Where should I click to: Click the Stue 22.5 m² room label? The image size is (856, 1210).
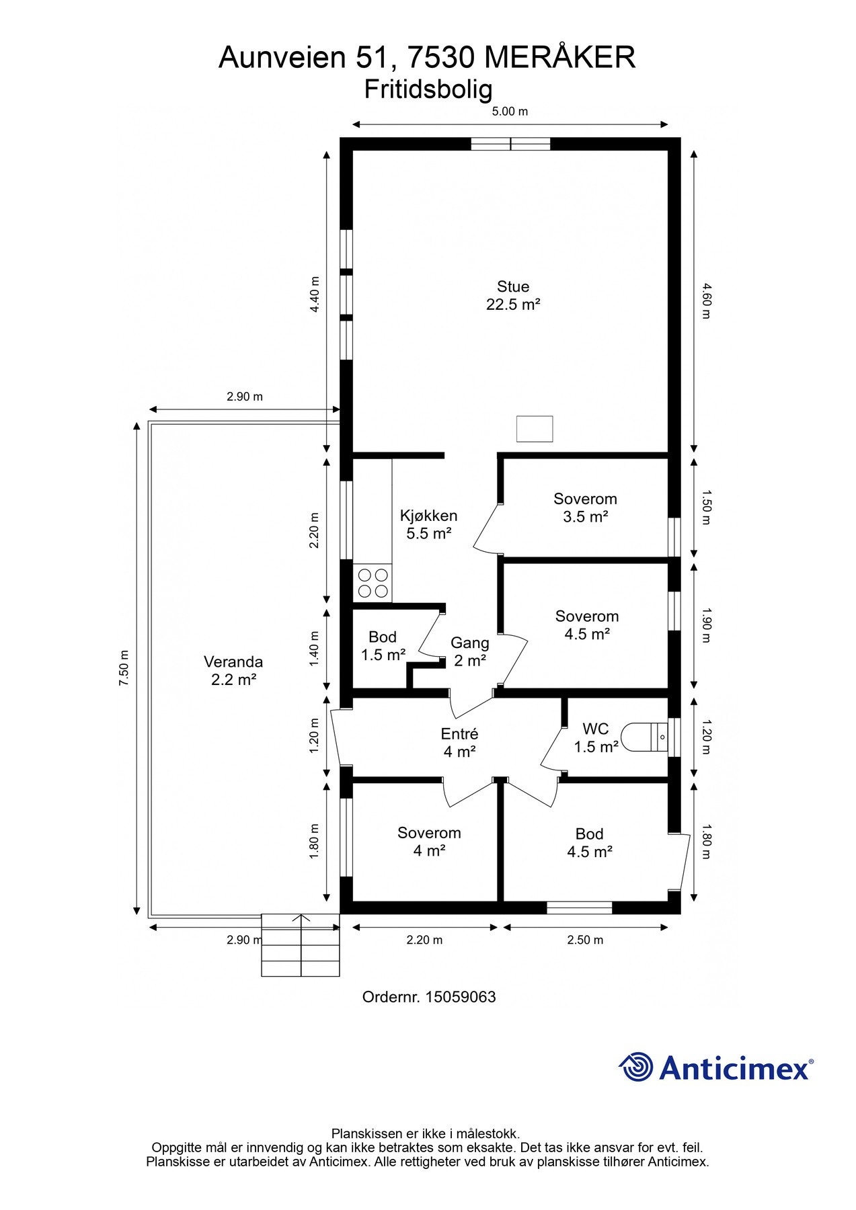pyautogui.click(x=513, y=296)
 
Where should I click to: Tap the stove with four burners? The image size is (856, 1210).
pyautogui.click(x=373, y=583)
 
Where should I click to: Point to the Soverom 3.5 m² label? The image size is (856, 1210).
pyautogui.click(x=585, y=508)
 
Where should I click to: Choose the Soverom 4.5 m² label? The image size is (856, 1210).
pyautogui.click(x=587, y=625)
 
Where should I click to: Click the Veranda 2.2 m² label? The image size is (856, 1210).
pyautogui.click(x=233, y=670)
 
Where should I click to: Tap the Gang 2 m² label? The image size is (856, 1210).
pyautogui.click(x=469, y=652)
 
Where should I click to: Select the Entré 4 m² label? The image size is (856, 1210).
pyautogui.click(x=459, y=743)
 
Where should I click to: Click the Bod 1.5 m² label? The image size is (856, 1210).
pyautogui.click(x=383, y=646)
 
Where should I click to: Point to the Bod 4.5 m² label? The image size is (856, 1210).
pyautogui.click(x=589, y=843)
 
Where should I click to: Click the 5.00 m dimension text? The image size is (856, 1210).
pyautogui.click(x=510, y=112)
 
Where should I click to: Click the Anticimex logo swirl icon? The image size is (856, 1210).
pyautogui.click(x=636, y=1067)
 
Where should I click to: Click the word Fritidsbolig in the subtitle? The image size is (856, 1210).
pyautogui.click(x=428, y=89)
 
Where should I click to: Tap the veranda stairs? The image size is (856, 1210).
pyautogui.click(x=301, y=945)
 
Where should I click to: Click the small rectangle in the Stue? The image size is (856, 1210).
pyautogui.click(x=535, y=429)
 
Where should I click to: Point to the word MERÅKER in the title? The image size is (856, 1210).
pyautogui.click(x=559, y=58)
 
